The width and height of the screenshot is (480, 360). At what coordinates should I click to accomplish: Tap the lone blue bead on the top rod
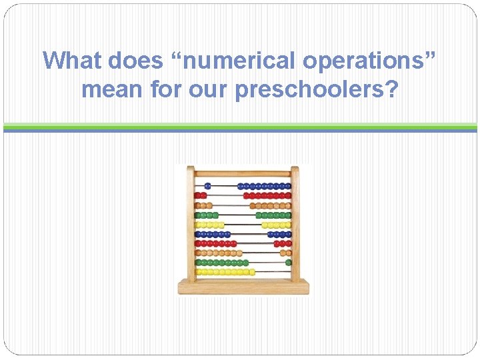207,186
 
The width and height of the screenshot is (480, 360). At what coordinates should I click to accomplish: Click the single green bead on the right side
289,263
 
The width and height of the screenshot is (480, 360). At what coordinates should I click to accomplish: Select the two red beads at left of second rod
200,196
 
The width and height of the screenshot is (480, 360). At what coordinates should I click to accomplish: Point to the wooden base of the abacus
243,287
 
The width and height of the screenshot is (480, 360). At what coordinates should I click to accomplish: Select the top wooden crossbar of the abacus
243,173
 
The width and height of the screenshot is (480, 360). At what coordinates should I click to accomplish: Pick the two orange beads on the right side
286,253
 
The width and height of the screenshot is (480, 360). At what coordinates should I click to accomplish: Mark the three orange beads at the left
203,205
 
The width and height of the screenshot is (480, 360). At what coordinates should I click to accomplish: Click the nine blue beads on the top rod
264,186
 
